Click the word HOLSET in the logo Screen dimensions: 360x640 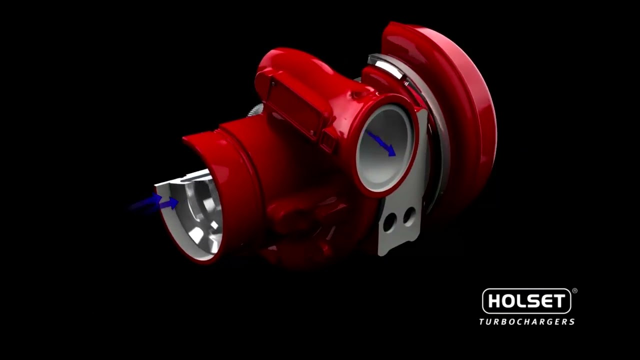tap(526, 301)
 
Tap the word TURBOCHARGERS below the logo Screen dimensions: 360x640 tap(526, 321)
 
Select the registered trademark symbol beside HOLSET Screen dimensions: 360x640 tap(574, 290)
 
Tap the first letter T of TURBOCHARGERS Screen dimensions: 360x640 tap(482, 321)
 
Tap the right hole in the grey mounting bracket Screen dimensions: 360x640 tap(408, 216)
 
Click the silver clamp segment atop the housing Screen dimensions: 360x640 tap(386, 66)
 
